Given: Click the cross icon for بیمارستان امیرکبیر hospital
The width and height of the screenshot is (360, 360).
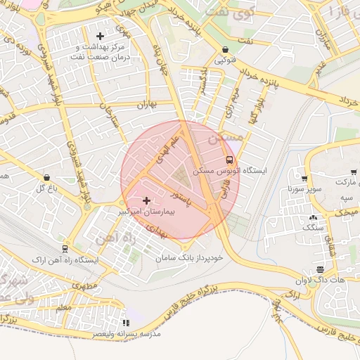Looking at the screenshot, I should pos(146,201).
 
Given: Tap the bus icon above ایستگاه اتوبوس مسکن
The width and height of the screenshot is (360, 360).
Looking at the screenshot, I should pos(228,160).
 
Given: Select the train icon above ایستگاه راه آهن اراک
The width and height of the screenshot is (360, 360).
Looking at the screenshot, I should pos(65,249).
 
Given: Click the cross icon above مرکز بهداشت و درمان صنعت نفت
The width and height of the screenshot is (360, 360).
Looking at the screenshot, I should pos(100,35).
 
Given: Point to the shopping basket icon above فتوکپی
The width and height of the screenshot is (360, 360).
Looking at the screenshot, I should pos(224,50).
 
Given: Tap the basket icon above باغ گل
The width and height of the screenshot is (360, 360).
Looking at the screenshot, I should pos(46,178).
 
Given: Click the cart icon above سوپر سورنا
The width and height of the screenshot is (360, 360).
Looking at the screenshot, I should pos(304,179).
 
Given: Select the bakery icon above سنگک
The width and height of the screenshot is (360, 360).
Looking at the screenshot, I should pos(313,217).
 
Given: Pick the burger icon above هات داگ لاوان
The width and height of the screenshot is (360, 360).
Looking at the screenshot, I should pos(320,269).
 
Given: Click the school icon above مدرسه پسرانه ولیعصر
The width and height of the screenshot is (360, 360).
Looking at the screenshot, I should pos(126,323).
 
